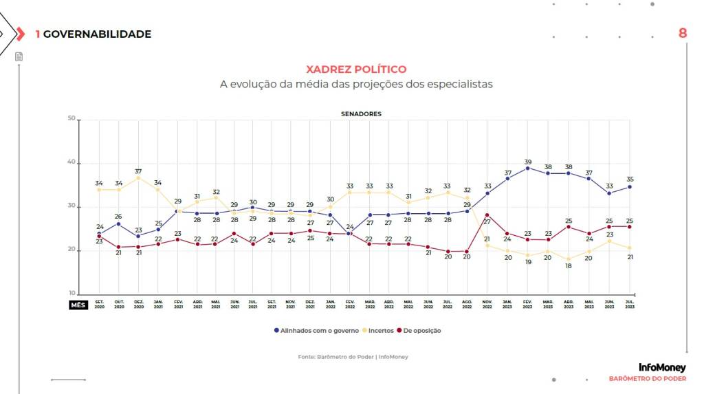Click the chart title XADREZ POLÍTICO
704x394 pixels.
coord(355,69)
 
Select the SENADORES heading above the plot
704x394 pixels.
coord(361,113)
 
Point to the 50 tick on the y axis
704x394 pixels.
coord(71,120)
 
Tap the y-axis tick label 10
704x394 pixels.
coord(71,294)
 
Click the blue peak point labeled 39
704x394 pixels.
coord(527,168)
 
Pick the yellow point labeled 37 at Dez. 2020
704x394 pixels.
coord(138,177)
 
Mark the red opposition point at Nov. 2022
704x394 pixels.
coord(487,215)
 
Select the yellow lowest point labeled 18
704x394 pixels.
coord(568,259)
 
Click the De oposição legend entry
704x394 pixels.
coord(421,331)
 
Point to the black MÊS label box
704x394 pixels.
coord(78,305)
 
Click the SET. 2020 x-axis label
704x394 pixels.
coord(100,305)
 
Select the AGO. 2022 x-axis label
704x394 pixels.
coord(467,305)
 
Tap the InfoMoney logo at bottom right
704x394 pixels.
coord(662,368)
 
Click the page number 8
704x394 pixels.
coord(683,33)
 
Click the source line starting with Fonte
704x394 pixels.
coord(353,357)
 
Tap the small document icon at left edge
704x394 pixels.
coord(19,56)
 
